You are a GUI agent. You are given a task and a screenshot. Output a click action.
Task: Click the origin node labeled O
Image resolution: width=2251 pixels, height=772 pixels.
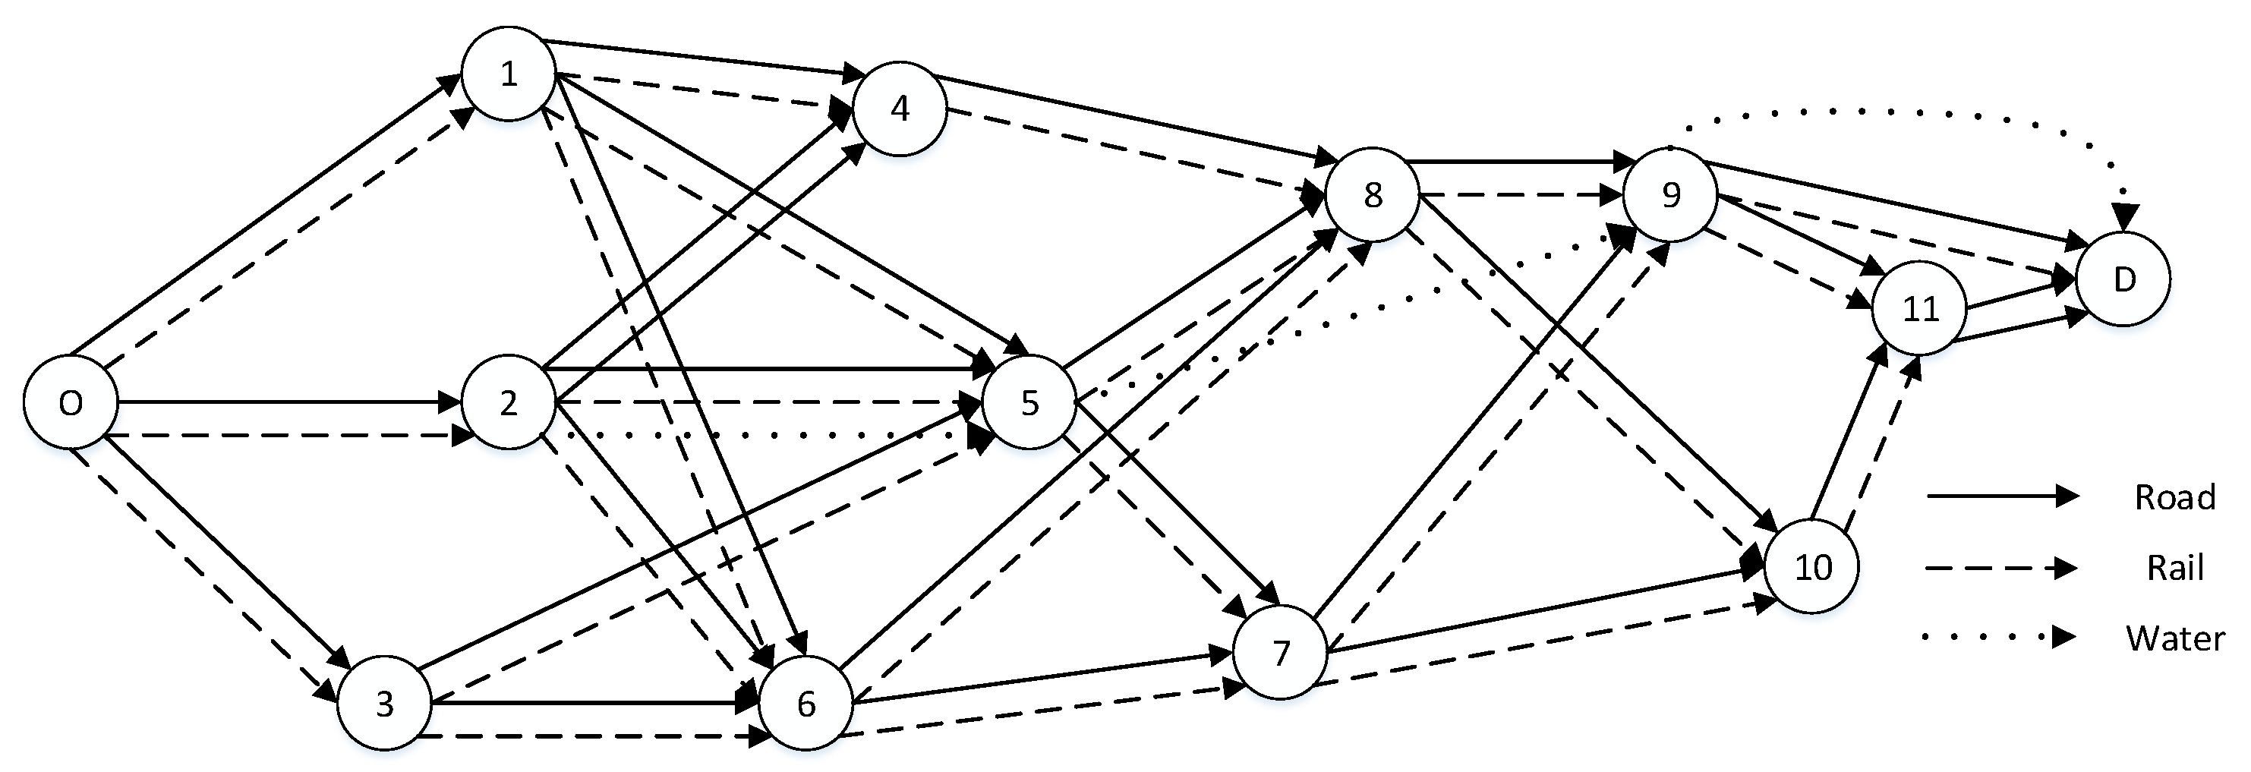coord(70,402)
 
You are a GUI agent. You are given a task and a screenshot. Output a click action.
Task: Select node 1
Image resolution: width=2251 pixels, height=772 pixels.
coord(509,74)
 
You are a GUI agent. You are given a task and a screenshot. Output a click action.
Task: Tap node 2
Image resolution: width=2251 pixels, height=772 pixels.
coord(509,402)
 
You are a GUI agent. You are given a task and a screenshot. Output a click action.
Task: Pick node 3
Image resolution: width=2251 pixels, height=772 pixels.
coord(384,704)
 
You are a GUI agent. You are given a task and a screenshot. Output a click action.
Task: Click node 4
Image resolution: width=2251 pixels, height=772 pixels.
coord(900,109)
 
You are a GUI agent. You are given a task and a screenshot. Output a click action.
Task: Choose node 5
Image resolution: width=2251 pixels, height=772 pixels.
coord(1029,402)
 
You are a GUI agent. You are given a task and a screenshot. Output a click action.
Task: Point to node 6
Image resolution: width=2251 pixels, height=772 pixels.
coord(806,704)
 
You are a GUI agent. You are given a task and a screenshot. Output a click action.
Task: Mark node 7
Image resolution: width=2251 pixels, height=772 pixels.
coord(1281,652)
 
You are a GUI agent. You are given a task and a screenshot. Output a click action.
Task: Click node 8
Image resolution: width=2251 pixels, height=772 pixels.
coord(1373,195)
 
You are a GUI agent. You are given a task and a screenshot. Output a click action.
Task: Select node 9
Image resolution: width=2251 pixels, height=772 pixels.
coord(1671,195)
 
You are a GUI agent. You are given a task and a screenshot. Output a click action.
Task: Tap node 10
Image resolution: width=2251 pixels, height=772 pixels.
coord(1812,568)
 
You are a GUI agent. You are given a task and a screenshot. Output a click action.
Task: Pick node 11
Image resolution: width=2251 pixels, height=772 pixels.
coord(1921,308)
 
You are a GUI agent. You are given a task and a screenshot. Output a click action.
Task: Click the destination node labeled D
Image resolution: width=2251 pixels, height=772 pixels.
coord(2123,279)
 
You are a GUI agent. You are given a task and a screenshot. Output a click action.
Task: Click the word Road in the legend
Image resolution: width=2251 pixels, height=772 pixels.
coord(2175,497)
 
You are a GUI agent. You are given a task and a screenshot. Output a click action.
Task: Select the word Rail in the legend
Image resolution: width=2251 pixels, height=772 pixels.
coord(2175,569)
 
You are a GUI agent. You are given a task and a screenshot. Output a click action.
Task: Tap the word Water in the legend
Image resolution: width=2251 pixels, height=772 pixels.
coord(2175,638)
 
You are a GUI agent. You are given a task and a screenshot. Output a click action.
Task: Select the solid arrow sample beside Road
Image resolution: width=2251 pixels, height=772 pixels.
coord(2001,496)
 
